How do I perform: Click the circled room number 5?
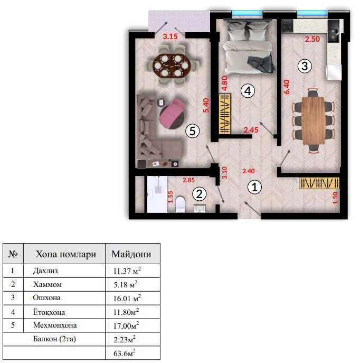point(192,131)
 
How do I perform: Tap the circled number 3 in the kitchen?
point(305,66)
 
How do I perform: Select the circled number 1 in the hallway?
point(254,187)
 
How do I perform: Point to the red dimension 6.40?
point(287,87)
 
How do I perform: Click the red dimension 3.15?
point(170,36)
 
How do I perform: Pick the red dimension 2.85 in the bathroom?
point(188,180)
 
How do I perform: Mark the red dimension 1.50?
point(335,198)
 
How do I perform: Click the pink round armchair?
point(172,114)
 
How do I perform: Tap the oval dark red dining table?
point(171,66)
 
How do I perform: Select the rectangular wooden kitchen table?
point(314,120)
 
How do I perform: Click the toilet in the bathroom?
point(180,204)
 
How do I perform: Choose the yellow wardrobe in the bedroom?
point(225,114)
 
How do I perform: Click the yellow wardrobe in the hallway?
point(319,183)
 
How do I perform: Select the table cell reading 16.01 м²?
point(127,298)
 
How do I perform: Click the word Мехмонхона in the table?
point(55,325)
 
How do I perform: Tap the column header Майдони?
point(131,254)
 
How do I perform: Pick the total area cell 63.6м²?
point(125,353)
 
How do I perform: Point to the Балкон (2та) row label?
point(54,339)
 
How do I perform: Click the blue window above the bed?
point(247,14)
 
